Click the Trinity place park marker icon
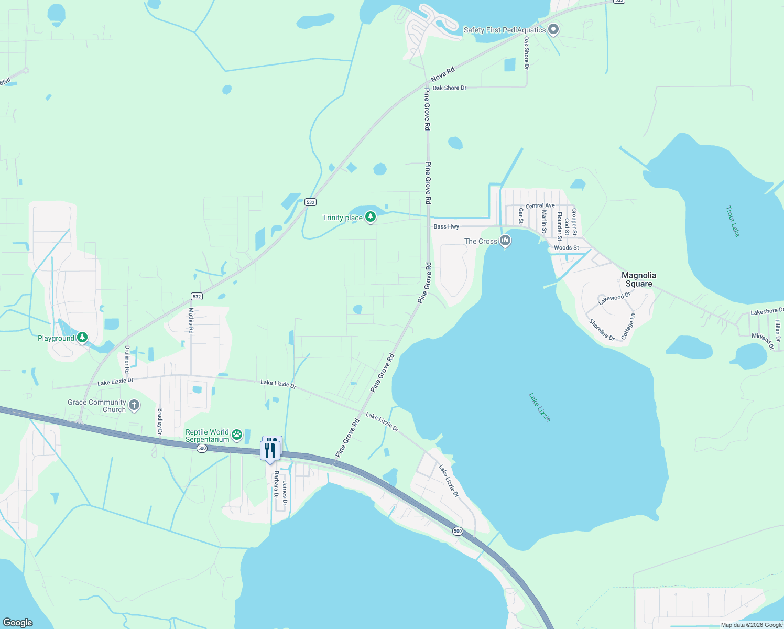pos(371,216)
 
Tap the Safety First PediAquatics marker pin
pos(553,29)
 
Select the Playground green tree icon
pos(82,337)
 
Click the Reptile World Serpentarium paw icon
pos(237,434)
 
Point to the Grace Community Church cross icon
pos(134,405)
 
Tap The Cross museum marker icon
pos(505,241)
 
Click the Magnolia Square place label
pos(639,279)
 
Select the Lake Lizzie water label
pos(540,407)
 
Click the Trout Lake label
pos(733,221)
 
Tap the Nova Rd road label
pos(443,74)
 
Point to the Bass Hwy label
pos(447,226)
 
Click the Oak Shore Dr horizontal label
pos(450,88)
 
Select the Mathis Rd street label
pos(191,321)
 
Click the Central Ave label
pos(540,205)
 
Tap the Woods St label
pos(567,247)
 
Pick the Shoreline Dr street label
pos(602,330)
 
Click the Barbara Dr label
pos(276,484)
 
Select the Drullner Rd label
pos(127,359)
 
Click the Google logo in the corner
pos(18,622)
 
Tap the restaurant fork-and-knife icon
pos(270,450)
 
